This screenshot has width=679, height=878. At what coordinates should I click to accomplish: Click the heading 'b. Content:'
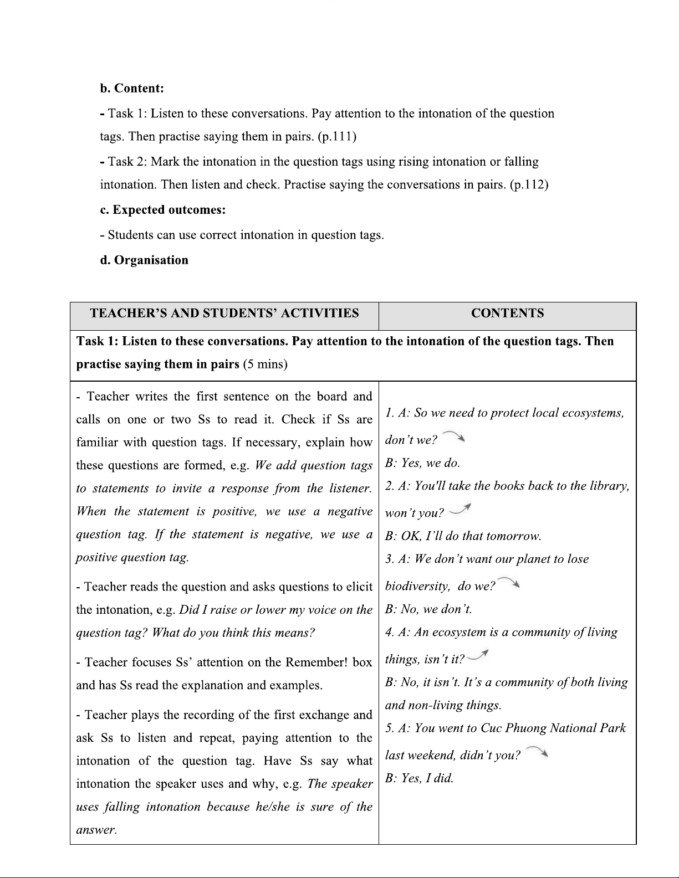click(x=132, y=89)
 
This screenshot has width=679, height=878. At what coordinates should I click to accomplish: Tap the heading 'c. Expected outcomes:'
click(x=163, y=210)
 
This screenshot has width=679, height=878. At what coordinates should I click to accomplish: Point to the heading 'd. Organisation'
click(x=144, y=260)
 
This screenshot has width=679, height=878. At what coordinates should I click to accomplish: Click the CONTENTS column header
click(x=507, y=314)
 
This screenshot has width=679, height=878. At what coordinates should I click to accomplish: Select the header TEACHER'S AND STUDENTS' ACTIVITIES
click(x=224, y=314)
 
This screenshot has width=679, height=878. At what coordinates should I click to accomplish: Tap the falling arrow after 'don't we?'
click(x=454, y=437)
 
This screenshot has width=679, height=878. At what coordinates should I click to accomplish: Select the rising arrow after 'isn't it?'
click(x=477, y=655)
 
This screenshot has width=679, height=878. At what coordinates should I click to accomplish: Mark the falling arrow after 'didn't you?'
click(x=537, y=752)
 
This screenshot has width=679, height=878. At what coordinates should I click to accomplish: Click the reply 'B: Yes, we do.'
click(x=422, y=463)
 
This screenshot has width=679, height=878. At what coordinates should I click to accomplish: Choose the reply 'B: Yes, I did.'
click(x=419, y=778)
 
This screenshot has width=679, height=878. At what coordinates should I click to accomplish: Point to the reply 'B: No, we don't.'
click(x=428, y=609)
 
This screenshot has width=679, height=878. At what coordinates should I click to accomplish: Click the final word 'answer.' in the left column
click(x=96, y=830)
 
